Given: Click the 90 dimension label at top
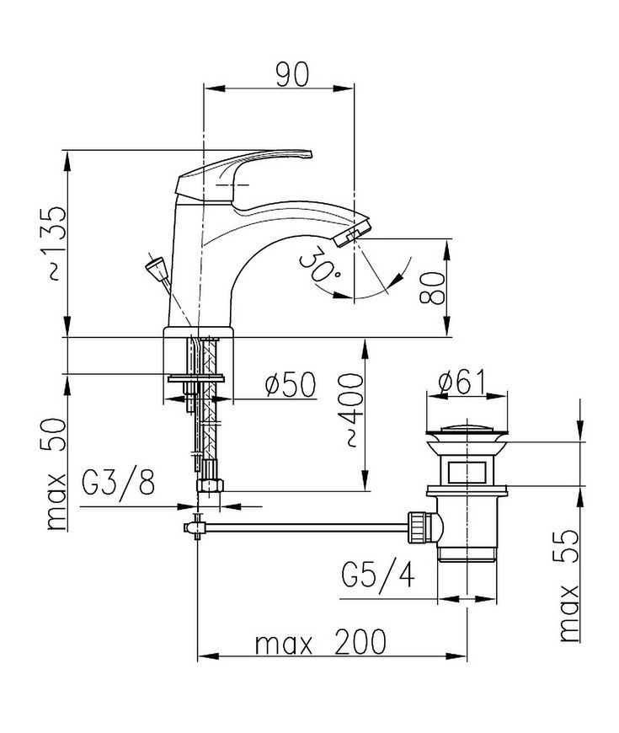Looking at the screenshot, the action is (292, 74).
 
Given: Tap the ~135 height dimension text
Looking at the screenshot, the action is (56, 243).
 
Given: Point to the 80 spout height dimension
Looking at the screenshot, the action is (432, 288).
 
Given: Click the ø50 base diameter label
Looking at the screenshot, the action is (291, 385).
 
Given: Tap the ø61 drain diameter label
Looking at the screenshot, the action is (462, 382).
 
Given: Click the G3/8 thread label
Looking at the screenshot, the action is (118, 483).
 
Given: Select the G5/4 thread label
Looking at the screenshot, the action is (378, 575).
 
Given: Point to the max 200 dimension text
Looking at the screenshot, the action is (321, 642).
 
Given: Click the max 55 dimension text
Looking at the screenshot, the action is (570, 586).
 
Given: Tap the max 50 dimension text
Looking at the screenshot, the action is (56, 474).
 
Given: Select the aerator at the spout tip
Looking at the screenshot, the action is (353, 233).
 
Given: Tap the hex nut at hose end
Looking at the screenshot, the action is (210, 484).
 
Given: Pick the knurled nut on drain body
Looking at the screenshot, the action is (417, 527).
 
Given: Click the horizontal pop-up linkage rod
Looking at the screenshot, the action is (307, 527).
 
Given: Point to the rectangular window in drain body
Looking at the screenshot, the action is (467, 472).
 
